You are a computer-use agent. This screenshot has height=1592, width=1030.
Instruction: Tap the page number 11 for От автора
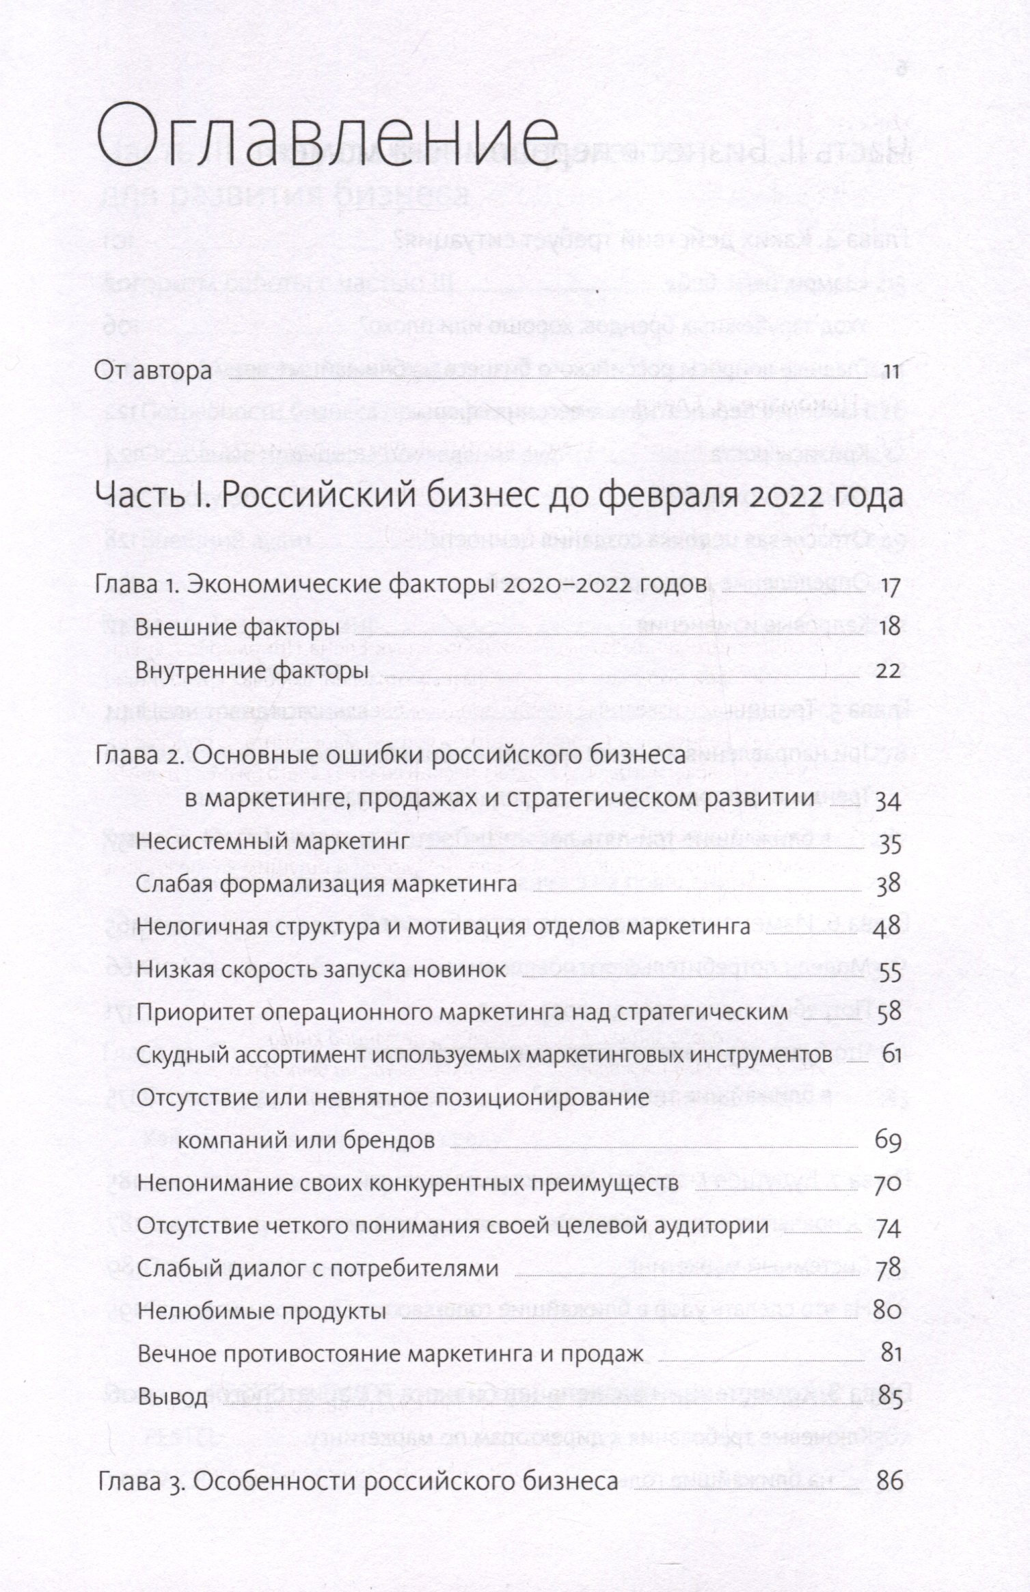click(891, 372)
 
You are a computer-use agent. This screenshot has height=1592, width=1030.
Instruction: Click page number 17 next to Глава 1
click(891, 588)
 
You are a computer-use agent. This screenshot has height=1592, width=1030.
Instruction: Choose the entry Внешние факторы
click(238, 628)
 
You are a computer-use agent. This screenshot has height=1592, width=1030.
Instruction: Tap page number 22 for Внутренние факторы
click(889, 671)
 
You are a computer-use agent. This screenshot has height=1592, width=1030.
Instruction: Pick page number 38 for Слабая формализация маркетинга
click(889, 886)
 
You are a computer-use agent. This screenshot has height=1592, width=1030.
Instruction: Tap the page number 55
click(889, 971)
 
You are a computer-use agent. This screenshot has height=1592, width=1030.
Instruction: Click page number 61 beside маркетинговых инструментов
click(891, 1056)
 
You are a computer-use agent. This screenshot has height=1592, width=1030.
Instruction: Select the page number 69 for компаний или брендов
click(888, 1142)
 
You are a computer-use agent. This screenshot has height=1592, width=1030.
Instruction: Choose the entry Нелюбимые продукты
click(262, 1312)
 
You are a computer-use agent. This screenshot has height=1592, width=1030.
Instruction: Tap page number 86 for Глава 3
click(889, 1482)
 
